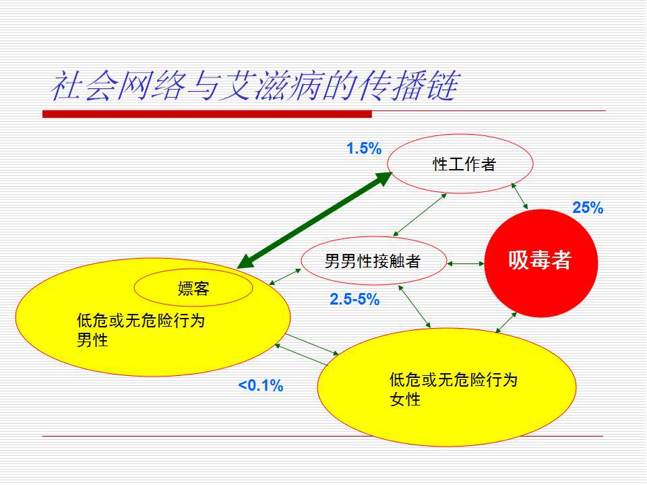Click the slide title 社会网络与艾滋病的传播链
255,86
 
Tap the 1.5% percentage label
364,148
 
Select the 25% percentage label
588,207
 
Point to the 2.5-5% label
355,299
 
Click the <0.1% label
261,385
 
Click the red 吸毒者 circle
541,263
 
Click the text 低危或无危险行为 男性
141,330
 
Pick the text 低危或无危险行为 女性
453,389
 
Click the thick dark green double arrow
315,220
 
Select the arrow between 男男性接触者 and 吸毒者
466,263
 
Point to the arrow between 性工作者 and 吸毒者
520,196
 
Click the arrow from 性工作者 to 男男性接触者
420,214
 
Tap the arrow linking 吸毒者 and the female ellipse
506,323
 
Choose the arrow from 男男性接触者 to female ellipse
414,306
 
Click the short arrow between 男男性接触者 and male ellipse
284,277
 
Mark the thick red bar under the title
207,114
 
